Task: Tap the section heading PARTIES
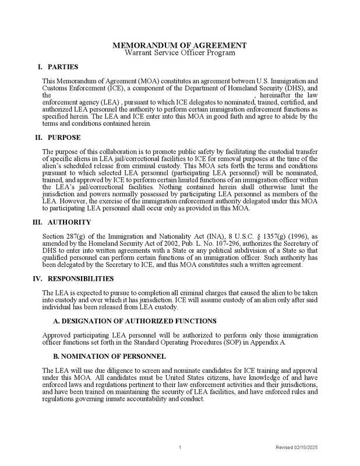click(63, 67)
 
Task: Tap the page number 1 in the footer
click(181, 447)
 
